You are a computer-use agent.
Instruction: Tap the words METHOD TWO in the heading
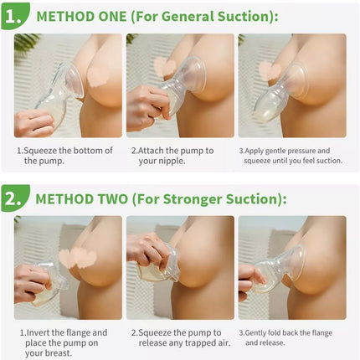83,199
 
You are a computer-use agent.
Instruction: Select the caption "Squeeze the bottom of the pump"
64,156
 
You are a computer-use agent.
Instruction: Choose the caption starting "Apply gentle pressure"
291,156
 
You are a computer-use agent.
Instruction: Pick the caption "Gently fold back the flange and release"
290,337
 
